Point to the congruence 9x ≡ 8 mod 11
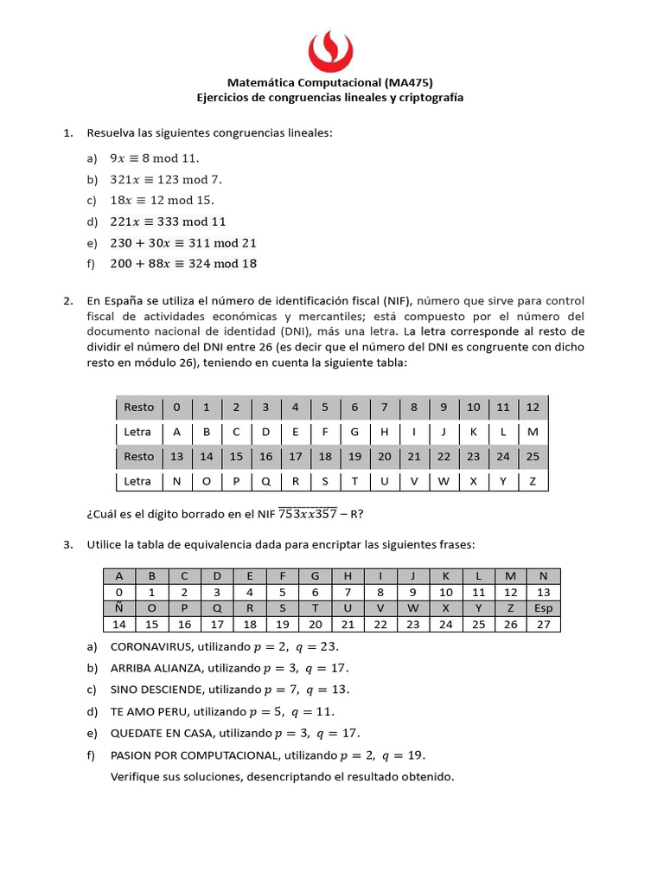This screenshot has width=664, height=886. pos(154,158)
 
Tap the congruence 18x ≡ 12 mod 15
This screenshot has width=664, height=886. pos(162,200)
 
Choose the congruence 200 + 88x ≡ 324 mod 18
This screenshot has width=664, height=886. pos(183,263)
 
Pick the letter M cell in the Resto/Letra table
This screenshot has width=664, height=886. pos(533,432)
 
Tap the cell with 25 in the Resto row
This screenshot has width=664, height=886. pos(533,457)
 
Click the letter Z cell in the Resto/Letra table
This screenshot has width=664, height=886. pos(533,481)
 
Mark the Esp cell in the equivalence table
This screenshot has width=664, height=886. pos(543,608)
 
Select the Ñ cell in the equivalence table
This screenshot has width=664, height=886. pos(118,608)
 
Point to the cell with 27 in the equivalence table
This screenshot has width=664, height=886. pos(543,625)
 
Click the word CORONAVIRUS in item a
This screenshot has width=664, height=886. pos(151,646)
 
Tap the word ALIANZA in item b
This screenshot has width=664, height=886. pos(180,668)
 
